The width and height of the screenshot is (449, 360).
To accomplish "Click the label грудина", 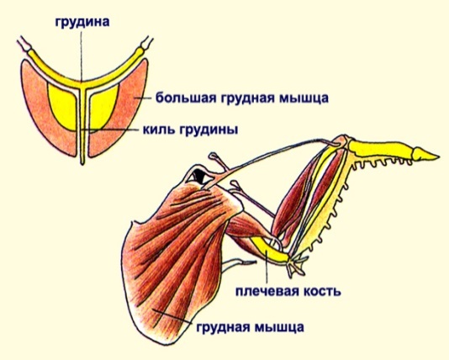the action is point(82,23).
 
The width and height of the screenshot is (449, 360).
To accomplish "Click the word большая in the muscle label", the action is point(186,98).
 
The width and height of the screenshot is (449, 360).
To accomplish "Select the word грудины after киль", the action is point(209,131).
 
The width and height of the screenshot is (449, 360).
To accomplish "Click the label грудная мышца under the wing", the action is point(250,327).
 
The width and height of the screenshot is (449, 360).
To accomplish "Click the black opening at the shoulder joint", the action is point(199,175).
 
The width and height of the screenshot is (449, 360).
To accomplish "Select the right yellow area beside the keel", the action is point(103,106).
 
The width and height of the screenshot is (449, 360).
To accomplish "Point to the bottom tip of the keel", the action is point(82,164).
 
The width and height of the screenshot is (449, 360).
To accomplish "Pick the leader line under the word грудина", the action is point(82,56).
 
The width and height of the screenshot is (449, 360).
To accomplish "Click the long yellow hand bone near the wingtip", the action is point(380,149).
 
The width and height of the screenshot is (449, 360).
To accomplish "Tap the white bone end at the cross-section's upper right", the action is point(146,43).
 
